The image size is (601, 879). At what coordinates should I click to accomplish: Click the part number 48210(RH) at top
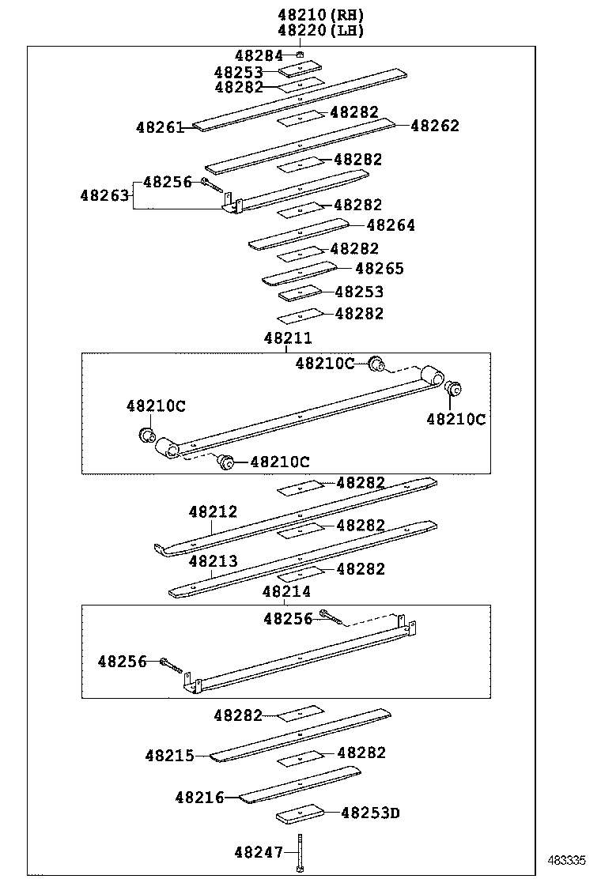click(x=321, y=14)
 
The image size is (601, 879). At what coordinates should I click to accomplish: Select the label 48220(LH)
click(x=321, y=30)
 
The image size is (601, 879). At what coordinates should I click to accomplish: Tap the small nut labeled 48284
click(x=300, y=55)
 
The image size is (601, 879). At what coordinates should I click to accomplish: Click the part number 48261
click(x=160, y=126)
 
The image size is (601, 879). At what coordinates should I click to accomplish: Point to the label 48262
click(x=435, y=126)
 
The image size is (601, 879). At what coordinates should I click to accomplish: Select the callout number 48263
click(x=104, y=194)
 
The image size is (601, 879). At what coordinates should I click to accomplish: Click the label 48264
click(x=391, y=225)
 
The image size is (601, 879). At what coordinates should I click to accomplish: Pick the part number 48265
click(x=380, y=269)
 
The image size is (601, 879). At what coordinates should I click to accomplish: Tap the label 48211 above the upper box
click(x=288, y=338)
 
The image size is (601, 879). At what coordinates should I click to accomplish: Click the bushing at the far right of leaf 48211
click(x=454, y=389)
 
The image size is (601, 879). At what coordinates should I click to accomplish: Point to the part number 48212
click(x=213, y=512)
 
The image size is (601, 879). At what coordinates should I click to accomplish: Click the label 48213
click(x=213, y=561)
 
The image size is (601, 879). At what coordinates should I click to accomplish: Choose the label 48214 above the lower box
click(x=286, y=591)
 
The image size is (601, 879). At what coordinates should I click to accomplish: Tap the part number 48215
click(x=169, y=756)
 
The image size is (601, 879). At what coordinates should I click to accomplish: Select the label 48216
click(x=199, y=798)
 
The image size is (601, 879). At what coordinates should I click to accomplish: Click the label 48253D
click(x=370, y=812)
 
